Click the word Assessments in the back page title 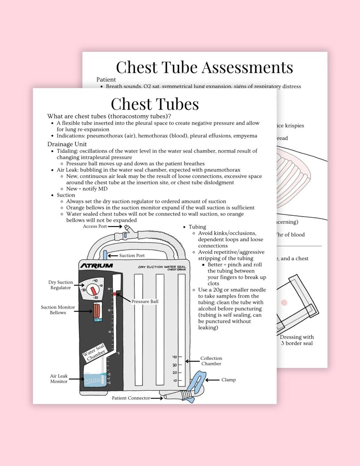coord(241,68)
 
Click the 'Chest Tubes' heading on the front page coord(155,104)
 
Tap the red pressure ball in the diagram coord(115,294)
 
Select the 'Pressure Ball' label coord(145,301)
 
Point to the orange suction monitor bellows coord(98,311)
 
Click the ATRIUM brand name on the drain coord(97,266)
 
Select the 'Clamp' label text coord(228,380)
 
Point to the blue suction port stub coord(105,254)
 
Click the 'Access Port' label coord(95,226)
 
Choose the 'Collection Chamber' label coord(211,361)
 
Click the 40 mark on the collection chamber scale coord(175,357)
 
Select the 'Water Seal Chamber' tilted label coord(94,352)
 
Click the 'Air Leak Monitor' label coord(59,379)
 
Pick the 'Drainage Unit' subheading coord(68,144)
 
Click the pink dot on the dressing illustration coord(284,302)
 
